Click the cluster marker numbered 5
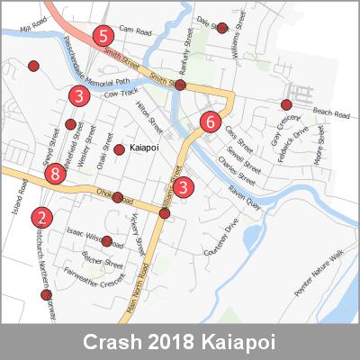pos(103,37)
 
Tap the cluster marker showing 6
pos(210,121)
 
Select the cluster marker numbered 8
pos(56,174)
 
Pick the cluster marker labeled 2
pos(41,217)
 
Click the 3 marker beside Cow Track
pos(79,95)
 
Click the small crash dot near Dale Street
pos(222,28)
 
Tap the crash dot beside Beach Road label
pos(286,103)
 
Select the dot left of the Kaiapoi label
pos(119,148)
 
